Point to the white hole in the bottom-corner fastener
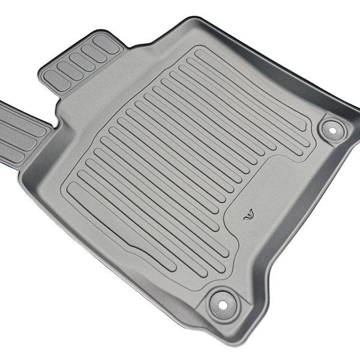[223, 304]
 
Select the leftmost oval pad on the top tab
[58, 79]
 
